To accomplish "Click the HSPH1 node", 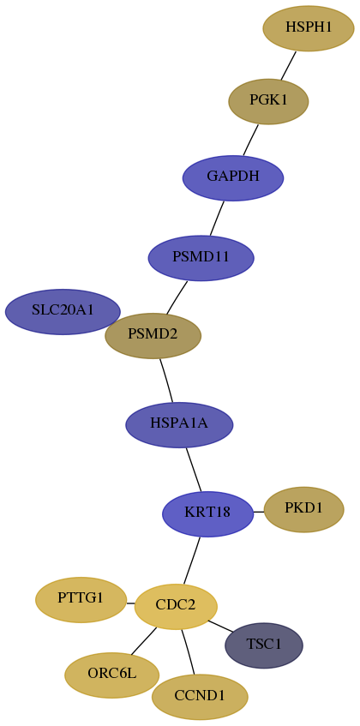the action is [309, 27].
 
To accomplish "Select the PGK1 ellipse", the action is [268, 101].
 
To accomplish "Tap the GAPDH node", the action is [233, 177].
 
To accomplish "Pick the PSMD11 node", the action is [201, 258].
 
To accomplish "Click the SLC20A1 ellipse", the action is [63, 312].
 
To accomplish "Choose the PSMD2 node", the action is [153, 336].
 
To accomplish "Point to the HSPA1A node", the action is [179, 424].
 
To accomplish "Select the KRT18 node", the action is [207, 514].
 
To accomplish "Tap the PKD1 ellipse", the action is [303, 509].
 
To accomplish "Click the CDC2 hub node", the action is [176, 607].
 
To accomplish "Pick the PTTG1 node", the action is [81, 600].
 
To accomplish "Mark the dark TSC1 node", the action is [264, 645].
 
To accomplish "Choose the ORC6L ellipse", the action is [112, 675].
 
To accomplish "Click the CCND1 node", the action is [200, 697].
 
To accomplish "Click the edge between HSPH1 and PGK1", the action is [289, 65].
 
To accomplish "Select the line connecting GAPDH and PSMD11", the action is [217, 218].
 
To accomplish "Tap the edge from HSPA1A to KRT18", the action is [194, 470].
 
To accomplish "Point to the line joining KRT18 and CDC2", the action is [192, 561].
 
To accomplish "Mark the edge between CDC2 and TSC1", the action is [221, 626].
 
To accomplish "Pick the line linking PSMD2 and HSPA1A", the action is [166, 381].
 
